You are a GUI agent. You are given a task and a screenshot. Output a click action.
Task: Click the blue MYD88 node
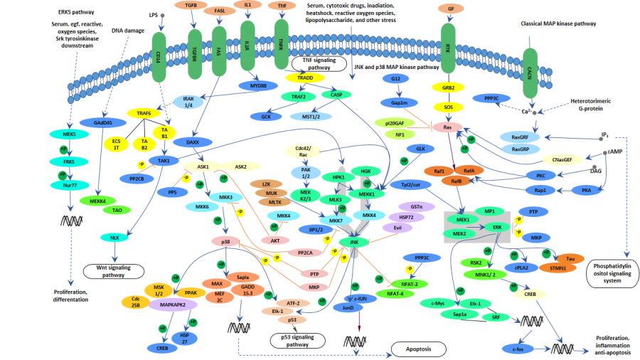[x=262, y=86]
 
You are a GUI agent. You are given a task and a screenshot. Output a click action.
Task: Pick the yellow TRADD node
[x=306, y=78]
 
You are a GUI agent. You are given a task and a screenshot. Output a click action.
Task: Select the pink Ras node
[x=448, y=127]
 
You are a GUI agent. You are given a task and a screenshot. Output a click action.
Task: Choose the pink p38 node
[x=226, y=243]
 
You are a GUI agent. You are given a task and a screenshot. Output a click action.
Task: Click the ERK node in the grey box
[x=498, y=227]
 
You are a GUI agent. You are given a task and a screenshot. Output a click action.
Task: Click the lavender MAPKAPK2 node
[x=172, y=304]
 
